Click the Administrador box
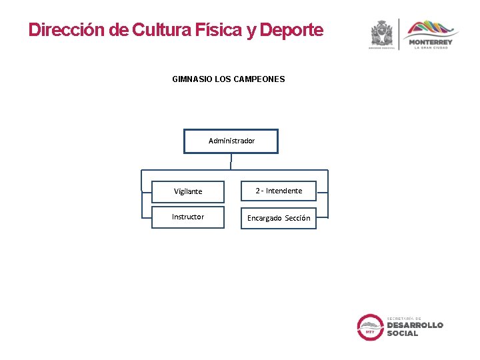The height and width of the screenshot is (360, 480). (231, 141)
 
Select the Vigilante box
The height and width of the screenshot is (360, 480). (188, 191)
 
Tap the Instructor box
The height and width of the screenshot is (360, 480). (188, 217)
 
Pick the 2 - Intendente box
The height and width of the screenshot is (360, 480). (279, 191)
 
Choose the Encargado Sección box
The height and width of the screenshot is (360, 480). (279, 218)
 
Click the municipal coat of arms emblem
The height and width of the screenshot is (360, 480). (382, 33)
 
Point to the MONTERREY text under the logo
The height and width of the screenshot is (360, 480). (430, 43)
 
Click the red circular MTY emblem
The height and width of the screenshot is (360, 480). (369, 327)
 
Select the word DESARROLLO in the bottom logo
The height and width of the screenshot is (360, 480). (415, 325)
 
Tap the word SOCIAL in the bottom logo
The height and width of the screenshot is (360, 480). (403, 333)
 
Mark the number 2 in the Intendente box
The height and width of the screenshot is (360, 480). (258, 191)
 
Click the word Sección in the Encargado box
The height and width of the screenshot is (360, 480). (297, 218)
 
